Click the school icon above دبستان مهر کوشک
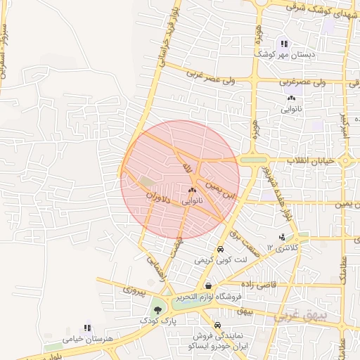(285, 44)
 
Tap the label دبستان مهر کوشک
(285, 54)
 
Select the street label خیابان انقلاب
(313, 161)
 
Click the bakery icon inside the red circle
(192, 190)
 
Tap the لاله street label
(187, 167)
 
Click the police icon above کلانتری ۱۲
(282, 237)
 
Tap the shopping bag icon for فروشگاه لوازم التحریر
(208, 286)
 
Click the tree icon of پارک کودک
(156, 310)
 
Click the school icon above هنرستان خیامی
(87, 328)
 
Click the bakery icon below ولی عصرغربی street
(290, 99)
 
